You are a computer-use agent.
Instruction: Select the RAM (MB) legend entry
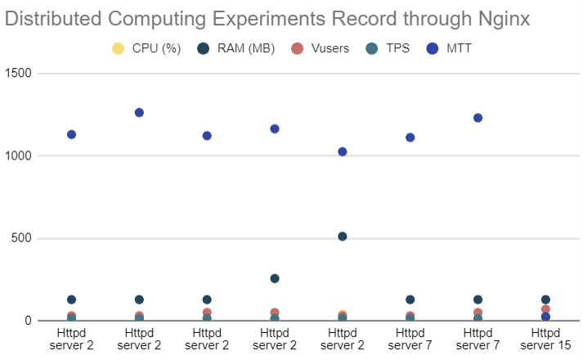click(235, 48)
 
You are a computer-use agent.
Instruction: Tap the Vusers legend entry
click(321, 48)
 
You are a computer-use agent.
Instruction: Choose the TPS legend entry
click(389, 48)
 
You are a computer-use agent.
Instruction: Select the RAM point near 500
click(343, 236)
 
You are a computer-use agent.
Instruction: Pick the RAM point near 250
click(275, 279)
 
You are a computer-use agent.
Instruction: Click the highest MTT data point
click(139, 112)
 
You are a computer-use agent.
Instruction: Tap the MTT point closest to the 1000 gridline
click(343, 151)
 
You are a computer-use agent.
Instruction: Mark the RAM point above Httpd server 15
click(545, 299)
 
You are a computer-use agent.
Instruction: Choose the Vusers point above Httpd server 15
click(545, 309)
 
